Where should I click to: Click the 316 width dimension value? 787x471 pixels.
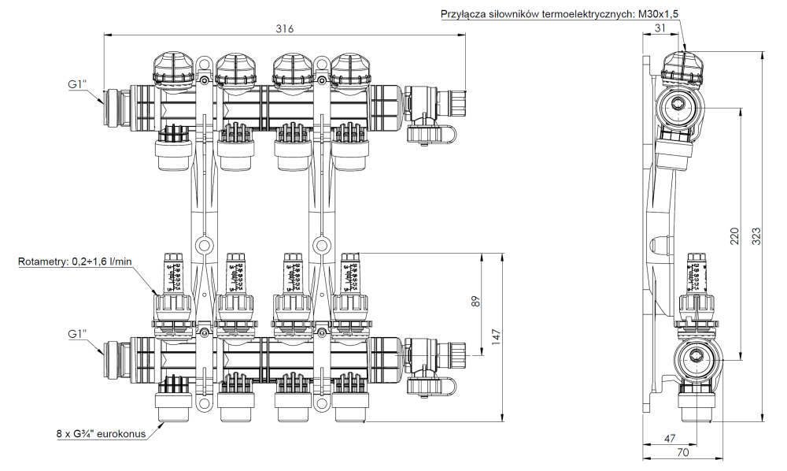pos(284,29)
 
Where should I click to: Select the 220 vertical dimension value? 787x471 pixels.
pos(734,235)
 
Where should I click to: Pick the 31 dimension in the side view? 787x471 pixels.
pos(659,28)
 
